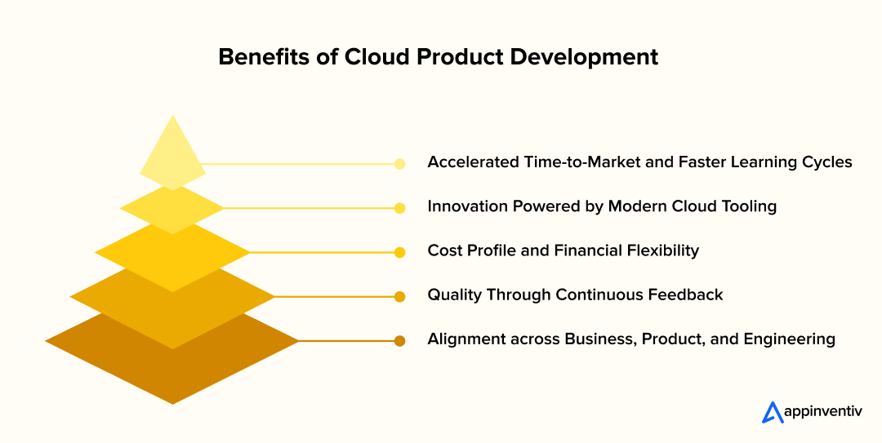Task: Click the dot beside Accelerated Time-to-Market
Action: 399,164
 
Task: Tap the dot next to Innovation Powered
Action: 399,208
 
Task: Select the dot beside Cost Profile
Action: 399,252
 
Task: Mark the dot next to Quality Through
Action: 399,297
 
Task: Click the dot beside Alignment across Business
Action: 399,341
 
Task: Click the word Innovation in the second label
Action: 467,206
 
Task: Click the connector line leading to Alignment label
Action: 346,341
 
